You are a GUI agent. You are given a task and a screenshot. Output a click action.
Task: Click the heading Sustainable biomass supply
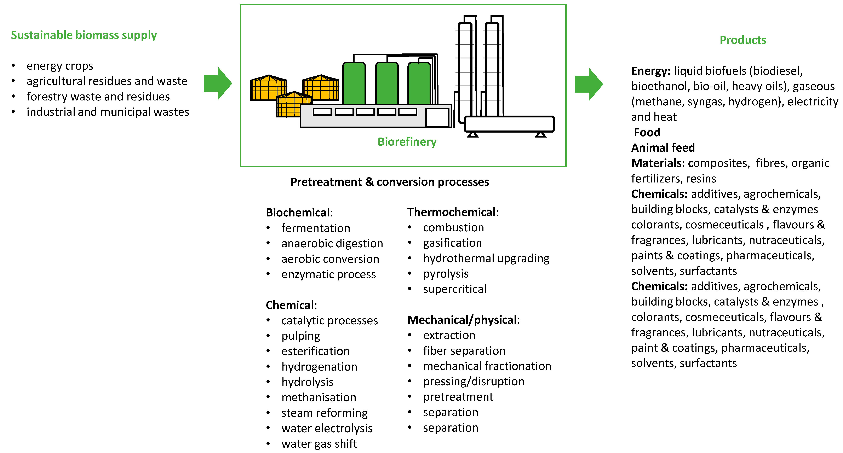tap(84, 35)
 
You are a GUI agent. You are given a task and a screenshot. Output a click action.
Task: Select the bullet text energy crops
tap(60, 66)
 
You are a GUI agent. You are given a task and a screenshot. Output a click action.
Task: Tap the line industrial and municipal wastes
tap(108, 112)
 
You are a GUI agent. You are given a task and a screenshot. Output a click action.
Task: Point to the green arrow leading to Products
tap(588, 84)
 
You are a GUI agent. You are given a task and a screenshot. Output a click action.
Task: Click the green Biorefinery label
tap(407, 142)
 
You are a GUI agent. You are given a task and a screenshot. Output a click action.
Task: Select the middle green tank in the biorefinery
tap(387, 83)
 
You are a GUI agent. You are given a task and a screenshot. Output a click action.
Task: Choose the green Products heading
tap(742, 40)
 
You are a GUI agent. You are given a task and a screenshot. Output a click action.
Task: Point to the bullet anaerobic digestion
tap(332, 243)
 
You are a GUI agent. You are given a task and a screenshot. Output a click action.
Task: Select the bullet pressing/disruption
tap(474, 381)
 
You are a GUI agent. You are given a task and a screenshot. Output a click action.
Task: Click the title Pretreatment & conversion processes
tap(389, 182)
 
